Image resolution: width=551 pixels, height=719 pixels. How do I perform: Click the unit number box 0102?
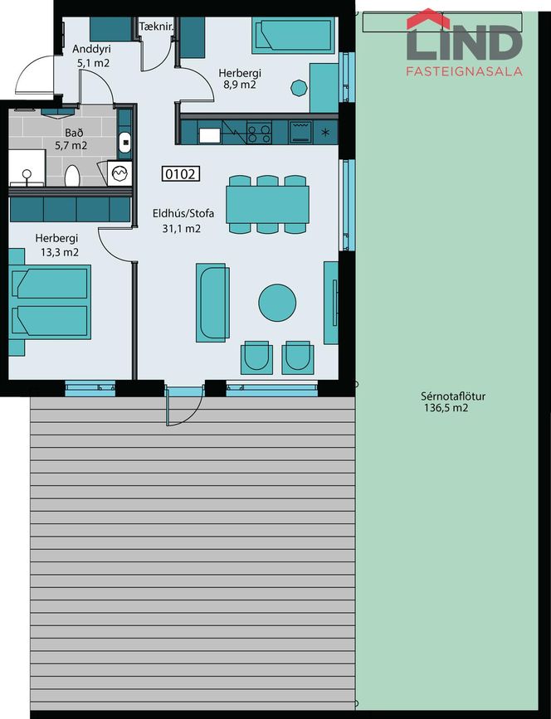pos(181,174)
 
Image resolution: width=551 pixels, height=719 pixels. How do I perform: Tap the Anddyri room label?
pos(92,49)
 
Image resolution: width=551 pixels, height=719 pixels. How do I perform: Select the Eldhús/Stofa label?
pos(183,214)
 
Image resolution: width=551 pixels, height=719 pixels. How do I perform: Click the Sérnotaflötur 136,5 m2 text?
pos(446,402)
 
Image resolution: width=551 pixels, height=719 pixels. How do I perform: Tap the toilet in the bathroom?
pos(72,176)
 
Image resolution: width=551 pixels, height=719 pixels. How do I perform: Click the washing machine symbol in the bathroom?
pos(119,173)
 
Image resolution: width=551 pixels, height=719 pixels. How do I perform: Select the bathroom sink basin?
pos(124,142)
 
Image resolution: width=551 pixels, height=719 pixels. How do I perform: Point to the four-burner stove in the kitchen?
pos(259,133)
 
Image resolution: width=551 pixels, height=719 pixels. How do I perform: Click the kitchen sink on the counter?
pos(210,135)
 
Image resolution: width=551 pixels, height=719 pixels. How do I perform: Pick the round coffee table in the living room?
pos(277,303)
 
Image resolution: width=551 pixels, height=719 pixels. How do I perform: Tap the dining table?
pos(267,205)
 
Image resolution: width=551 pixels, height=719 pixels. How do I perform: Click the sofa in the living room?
pos(213,303)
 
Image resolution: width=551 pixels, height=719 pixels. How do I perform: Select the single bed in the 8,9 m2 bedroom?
pos(293,36)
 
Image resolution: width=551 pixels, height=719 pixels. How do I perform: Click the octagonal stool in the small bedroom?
pos(299,88)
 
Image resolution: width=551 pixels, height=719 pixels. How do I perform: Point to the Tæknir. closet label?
pos(157,27)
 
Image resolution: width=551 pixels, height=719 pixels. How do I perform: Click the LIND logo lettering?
pos(465,40)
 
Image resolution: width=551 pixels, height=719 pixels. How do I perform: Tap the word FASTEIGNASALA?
pos(465,71)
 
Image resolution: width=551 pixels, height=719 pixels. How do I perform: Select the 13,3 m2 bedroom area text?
pos(60,252)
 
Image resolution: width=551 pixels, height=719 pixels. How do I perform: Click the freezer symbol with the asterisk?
pos(325,133)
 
